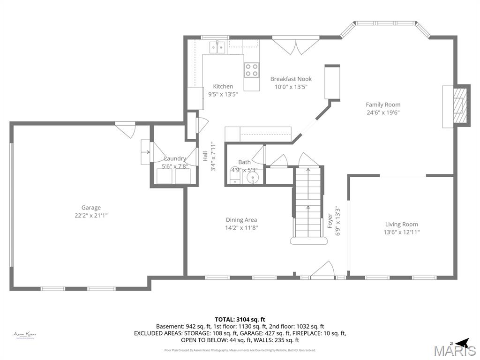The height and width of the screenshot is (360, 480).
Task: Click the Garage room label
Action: coord(91,208)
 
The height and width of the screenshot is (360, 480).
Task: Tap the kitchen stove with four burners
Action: coord(252,70)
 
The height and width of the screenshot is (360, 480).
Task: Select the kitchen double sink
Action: coord(217,47)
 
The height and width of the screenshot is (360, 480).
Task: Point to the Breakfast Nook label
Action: coord(291,79)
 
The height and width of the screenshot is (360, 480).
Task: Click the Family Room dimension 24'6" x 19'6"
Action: coord(383,112)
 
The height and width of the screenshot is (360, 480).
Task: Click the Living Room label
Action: coord(401,224)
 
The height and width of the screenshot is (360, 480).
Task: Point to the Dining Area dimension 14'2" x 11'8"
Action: coord(241,228)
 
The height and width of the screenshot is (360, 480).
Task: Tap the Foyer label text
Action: coord(330,221)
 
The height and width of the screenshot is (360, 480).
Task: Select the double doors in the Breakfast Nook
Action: coord(291,45)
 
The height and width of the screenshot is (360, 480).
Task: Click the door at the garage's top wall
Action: coord(126,128)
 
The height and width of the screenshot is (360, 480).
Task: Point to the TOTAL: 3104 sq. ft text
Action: coord(240,319)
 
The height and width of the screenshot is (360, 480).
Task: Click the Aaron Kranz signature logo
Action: coord(25,335)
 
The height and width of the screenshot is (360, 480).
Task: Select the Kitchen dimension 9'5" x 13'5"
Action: coord(223,94)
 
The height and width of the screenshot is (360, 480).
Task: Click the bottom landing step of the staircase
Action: coord(308,240)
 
